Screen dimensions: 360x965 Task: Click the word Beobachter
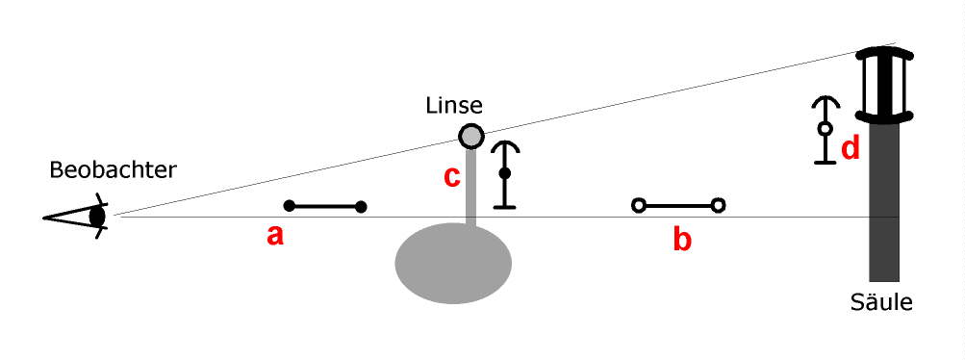click(114, 170)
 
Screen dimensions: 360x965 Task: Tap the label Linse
click(454, 104)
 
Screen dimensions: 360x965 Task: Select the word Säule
click(881, 302)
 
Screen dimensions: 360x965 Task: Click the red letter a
click(275, 236)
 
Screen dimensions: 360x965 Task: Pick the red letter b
click(681, 240)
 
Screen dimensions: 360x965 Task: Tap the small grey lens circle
click(470, 136)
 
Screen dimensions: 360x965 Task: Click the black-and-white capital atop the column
click(885, 84)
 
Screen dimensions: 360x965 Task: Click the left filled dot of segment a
click(289, 205)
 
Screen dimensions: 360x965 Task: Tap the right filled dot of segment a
click(361, 205)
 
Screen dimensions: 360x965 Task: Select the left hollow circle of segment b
click(637, 205)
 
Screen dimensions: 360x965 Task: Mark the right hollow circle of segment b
click(718, 205)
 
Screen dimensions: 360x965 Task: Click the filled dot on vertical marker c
click(504, 173)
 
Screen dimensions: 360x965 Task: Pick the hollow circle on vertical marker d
click(824, 128)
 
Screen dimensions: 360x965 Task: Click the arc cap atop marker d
click(824, 102)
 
